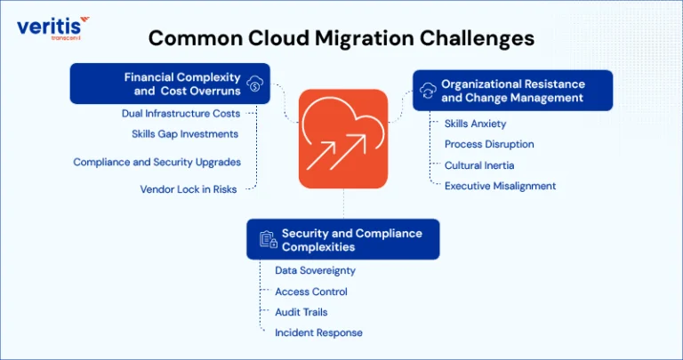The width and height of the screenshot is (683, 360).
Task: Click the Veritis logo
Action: (x=53, y=28)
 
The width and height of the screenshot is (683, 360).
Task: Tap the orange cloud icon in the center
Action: (x=343, y=139)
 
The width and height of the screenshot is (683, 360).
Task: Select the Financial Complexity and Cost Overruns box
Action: (x=170, y=84)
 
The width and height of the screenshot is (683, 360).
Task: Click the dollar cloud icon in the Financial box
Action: (x=255, y=84)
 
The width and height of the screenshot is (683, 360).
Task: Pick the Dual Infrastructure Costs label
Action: (x=181, y=114)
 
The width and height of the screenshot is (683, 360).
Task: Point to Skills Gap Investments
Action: (x=185, y=134)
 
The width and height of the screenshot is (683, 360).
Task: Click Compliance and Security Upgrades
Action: (x=157, y=162)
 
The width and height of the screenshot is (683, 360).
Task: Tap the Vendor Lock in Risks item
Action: (x=189, y=189)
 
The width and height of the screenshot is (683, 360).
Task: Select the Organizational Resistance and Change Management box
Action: (x=512, y=91)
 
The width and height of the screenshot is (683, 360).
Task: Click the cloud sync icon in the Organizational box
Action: (x=428, y=91)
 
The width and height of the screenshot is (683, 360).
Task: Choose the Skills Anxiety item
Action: (x=475, y=124)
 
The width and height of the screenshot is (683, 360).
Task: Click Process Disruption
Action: (x=489, y=144)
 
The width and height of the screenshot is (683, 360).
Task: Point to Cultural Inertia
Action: (x=479, y=165)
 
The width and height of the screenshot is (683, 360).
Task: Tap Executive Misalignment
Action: (x=500, y=187)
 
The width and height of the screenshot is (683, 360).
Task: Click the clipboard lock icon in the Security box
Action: (x=269, y=239)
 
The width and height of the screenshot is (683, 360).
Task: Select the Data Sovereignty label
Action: (x=316, y=271)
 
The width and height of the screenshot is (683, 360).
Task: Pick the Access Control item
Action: (x=311, y=292)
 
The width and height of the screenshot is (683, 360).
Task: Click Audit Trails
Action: (x=301, y=312)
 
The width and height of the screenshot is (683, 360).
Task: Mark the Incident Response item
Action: (x=318, y=333)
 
